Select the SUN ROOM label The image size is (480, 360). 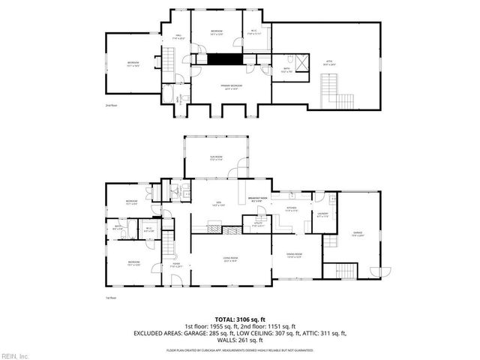(216, 158)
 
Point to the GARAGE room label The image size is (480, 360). (358, 235)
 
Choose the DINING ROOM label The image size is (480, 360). (293, 255)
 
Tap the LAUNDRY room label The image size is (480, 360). (322, 214)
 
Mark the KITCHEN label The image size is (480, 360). (292, 210)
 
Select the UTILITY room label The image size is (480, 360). (258, 224)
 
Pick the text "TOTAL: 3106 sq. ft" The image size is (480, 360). (240, 319)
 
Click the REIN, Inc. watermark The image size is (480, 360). (15, 355)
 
